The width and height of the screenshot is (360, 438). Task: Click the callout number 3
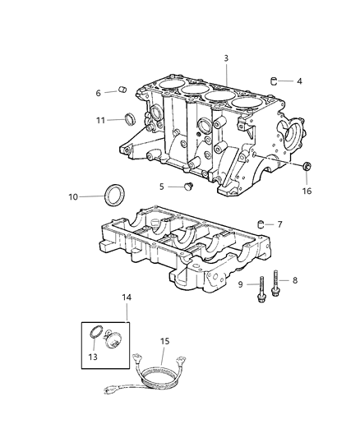point(225,58)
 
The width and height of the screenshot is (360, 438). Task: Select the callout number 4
point(299,81)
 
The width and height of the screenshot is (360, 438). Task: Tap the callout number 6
point(99,93)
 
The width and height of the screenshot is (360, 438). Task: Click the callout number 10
point(73,196)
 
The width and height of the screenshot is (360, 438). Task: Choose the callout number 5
point(162,187)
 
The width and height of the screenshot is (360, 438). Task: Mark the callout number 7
point(279,224)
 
